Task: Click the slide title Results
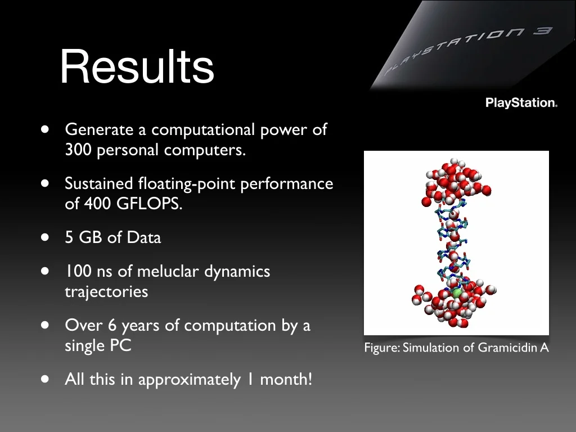click(x=137, y=67)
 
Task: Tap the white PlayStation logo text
click(x=521, y=102)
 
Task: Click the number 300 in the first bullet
click(x=78, y=150)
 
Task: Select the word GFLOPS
click(x=150, y=203)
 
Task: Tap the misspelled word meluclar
click(x=168, y=272)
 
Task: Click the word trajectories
click(x=106, y=292)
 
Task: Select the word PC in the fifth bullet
click(x=120, y=345)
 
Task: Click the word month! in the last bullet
click(x=286, y=379)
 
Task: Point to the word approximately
click(x=190, y=380)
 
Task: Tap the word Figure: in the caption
click(x=382, y=348)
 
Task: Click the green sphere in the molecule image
click(x=456, y=292)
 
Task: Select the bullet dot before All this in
click(x=45, y=379)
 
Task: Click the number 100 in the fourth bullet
click(x=78, y=272)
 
